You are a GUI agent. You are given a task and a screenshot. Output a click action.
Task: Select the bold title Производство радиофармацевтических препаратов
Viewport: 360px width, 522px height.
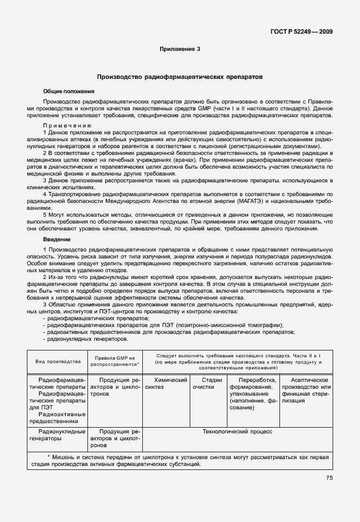tap(179, 76)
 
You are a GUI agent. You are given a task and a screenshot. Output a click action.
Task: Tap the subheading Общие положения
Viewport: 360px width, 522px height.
tap(69, 91)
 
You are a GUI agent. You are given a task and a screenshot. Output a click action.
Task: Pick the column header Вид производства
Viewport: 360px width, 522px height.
tap(58, 362)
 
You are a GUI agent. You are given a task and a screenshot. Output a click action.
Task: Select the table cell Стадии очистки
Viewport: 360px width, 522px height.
tap(211, 384)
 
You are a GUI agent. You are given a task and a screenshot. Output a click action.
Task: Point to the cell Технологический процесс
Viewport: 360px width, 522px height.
tap(237, 432)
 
